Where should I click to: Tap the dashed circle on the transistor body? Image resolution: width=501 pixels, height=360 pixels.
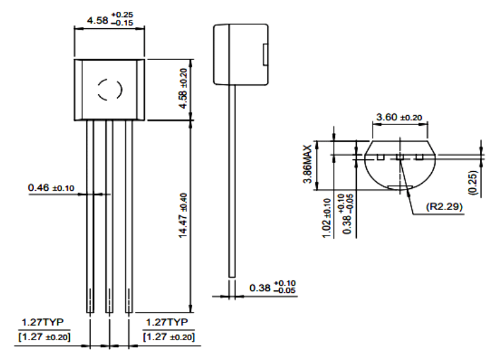pos(109,90)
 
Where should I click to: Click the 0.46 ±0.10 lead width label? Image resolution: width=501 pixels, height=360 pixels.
pos(51,188)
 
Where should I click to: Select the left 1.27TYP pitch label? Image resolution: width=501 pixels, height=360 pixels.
pos(43,322)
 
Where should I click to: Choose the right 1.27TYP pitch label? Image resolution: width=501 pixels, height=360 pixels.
pos(168,322)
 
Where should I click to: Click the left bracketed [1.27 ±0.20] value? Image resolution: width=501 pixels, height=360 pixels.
pos(43,336)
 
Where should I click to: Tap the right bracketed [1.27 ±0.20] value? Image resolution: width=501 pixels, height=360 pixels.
pos(169,336)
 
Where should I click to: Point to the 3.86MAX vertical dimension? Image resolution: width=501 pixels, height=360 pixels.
pos(307,165)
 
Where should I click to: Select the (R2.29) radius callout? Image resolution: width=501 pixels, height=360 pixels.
pos(446,206)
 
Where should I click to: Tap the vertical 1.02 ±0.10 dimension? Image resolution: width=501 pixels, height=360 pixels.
pos(327,217)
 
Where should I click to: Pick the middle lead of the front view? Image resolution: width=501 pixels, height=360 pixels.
pos(109,217)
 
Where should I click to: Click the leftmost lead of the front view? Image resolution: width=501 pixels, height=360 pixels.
pos(90,217)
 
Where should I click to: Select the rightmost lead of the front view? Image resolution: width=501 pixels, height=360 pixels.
pos(129,217)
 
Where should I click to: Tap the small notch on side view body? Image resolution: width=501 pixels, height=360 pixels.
pos(265,55)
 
